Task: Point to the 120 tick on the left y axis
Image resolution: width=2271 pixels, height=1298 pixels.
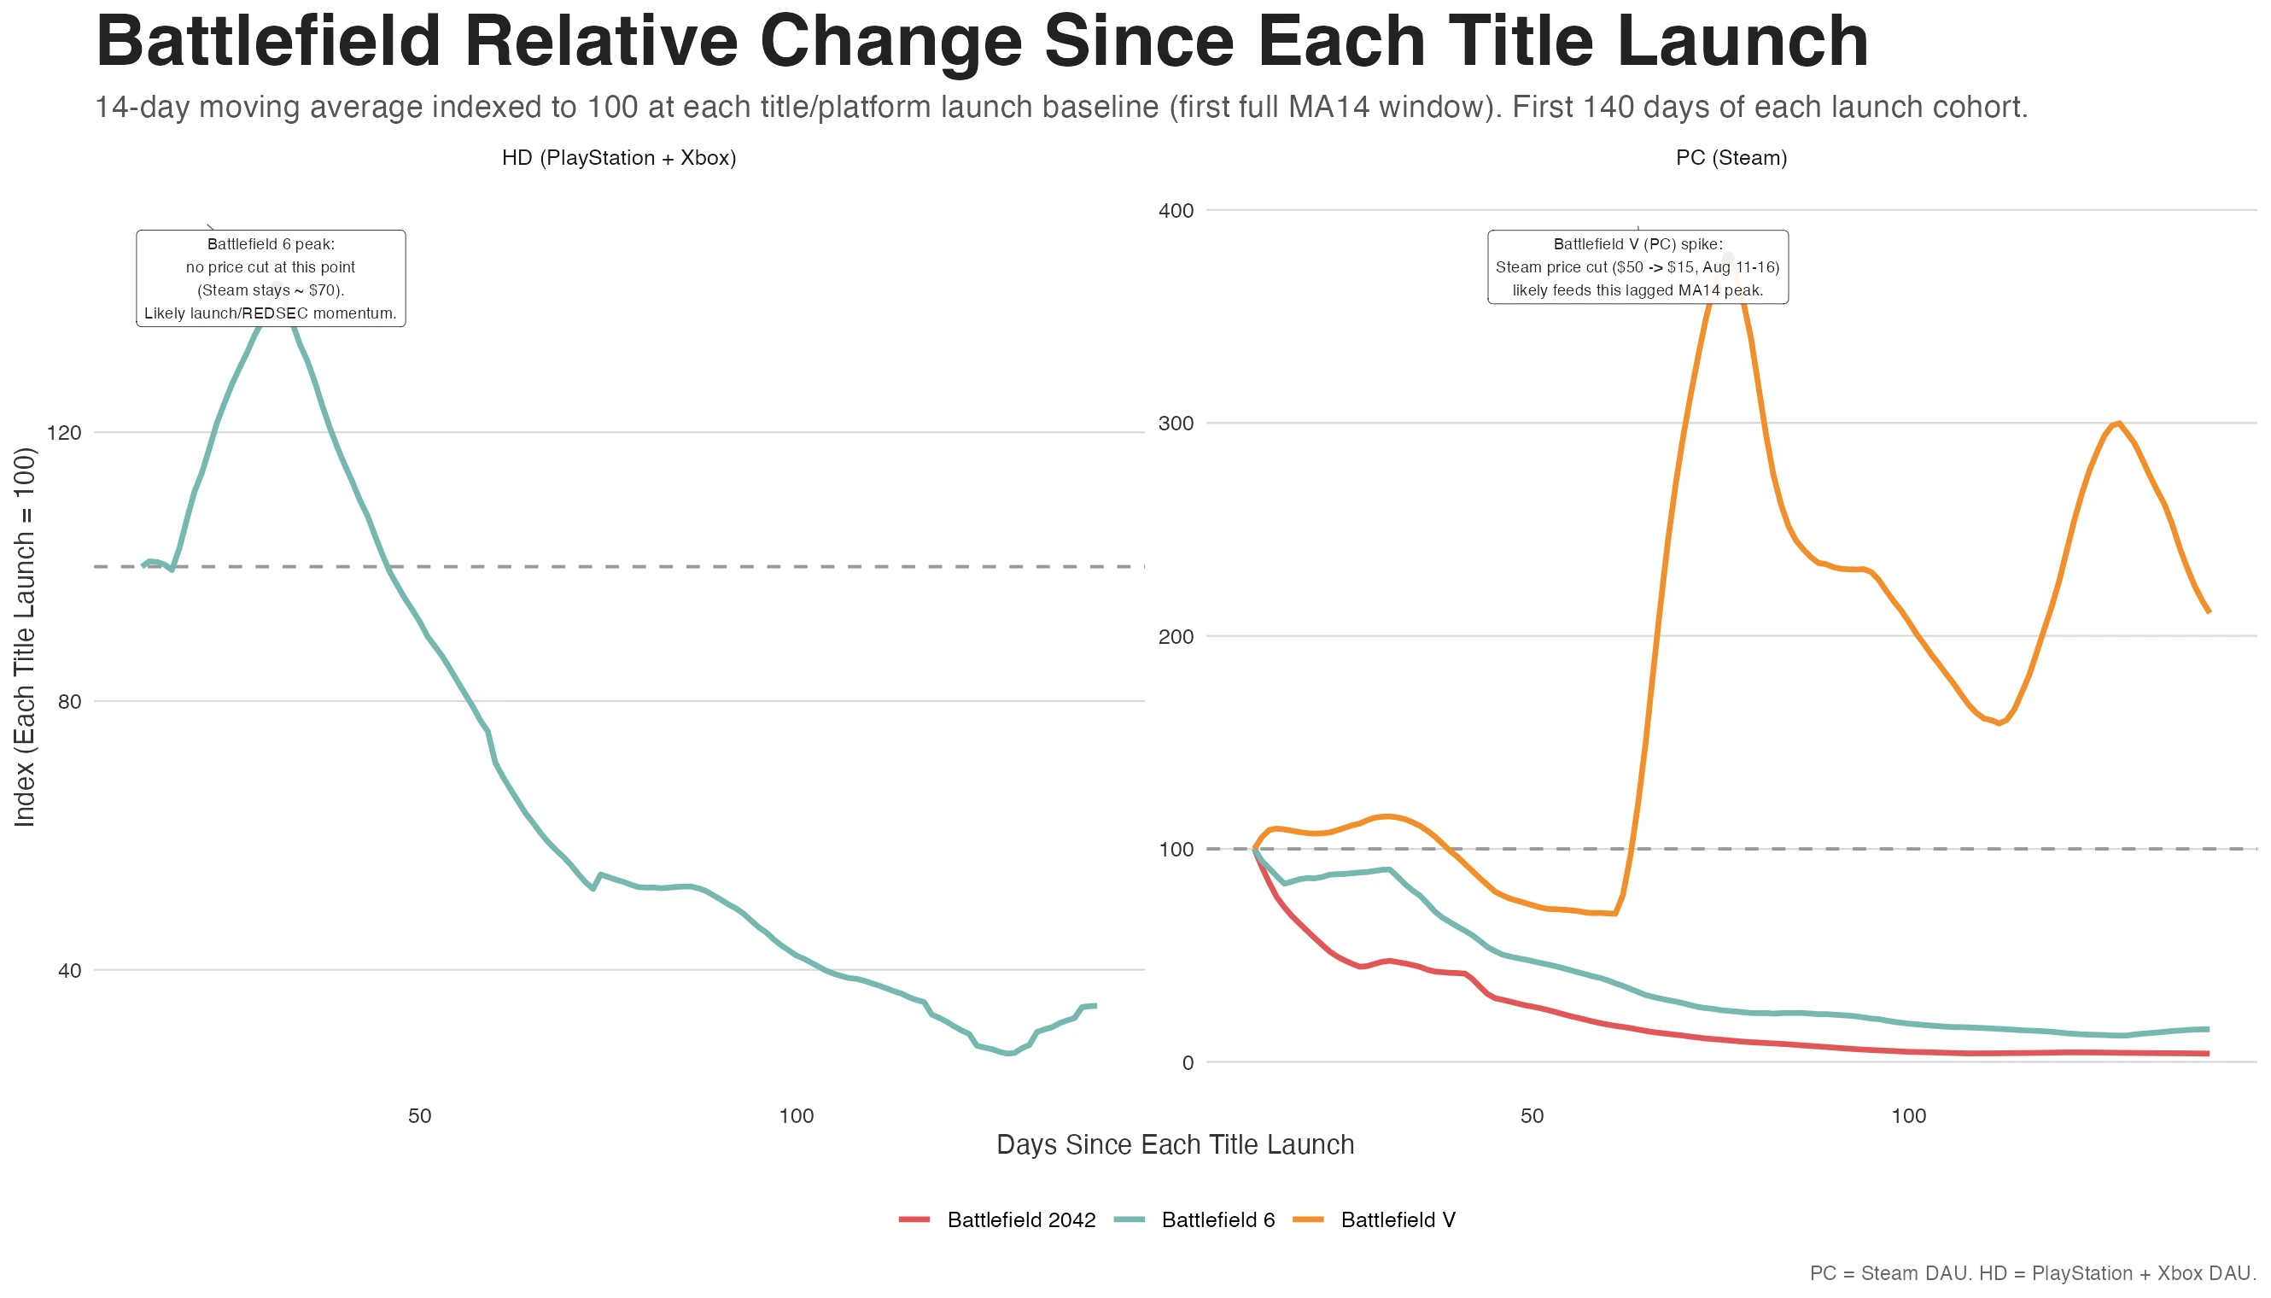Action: coord(63,433)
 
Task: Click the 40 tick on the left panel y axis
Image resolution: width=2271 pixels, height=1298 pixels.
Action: coord(68,971)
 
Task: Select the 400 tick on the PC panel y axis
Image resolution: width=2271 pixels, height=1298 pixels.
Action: coord(1175,211)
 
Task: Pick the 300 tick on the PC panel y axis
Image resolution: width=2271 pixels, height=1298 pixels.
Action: coord(1175,424)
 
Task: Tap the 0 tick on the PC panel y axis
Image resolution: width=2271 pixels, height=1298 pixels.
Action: coord(1187,1062)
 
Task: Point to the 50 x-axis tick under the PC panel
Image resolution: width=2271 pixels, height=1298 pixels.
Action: coord(1532,1116)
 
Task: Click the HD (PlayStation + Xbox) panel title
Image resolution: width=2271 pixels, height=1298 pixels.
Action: coord(619,158)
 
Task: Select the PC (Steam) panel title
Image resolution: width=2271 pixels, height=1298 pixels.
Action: coord(1731,158)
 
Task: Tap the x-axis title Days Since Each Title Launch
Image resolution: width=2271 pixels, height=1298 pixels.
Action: coord(1175,1144)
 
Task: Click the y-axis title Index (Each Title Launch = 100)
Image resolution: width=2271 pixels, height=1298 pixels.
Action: coord(25,636)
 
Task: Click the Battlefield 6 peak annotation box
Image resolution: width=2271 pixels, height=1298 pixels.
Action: coord(270,278)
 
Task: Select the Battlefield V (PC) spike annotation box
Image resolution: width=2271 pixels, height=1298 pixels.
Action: coord(1638,266)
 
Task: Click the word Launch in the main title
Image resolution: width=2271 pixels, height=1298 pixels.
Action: coord(1742,42)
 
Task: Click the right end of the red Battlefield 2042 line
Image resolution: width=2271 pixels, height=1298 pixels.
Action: coord(2207,1054)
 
